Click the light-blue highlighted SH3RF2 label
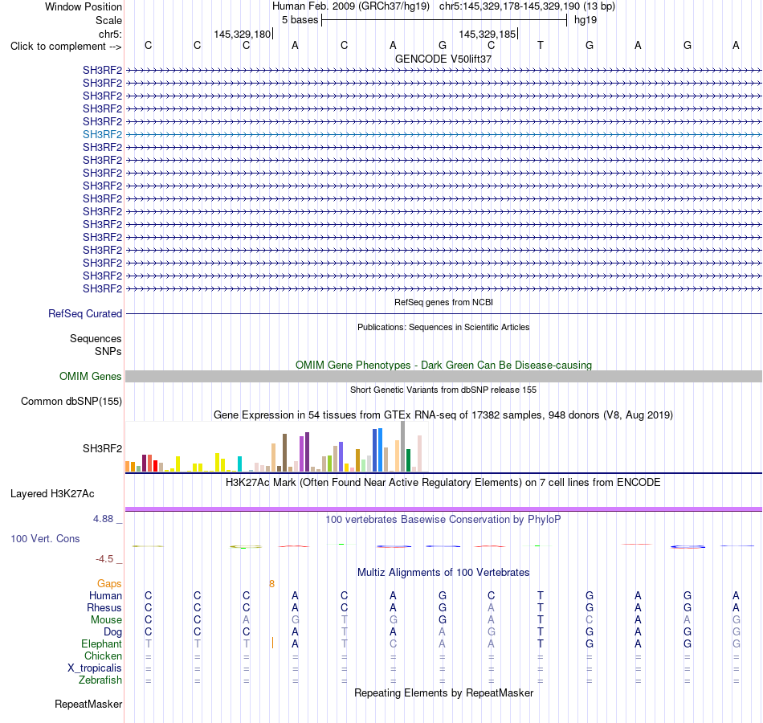(102, 134)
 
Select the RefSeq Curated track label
(85, 313)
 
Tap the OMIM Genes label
(91, 376)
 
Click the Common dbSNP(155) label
(71, 401)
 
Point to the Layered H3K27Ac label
(52, 494)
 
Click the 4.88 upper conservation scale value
(103, 519)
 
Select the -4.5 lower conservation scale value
(104, 559)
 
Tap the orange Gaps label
(109, 583)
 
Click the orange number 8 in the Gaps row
(271, 584)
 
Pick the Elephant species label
(102, 643)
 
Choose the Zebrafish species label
(100, 680)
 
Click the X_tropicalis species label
(95, 668)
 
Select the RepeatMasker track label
(88, 704)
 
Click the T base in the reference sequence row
(541, 45)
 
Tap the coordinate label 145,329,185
(487, 34)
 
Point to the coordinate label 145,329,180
(243, 34)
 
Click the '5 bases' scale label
(300, 20)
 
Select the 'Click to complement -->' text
(66, 47)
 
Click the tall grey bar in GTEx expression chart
(402, 447)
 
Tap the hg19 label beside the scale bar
(586, 20)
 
